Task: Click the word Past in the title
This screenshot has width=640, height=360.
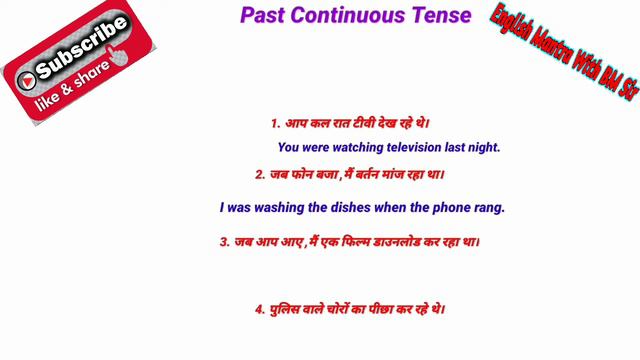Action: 263,17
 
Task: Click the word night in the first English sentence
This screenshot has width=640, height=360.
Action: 482,147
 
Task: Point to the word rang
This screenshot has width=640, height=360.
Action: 490,208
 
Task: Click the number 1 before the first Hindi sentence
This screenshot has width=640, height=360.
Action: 274,124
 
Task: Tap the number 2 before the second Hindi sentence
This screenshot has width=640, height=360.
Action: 259,174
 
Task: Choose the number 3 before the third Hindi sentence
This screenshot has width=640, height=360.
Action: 223,241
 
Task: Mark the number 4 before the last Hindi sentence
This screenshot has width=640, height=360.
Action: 258,310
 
